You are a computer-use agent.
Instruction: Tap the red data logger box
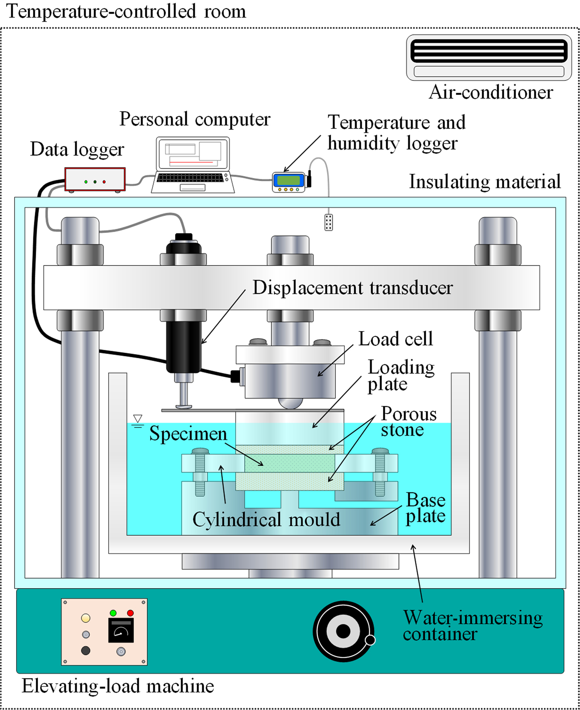(95, 179)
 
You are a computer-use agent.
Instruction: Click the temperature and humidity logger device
(289, 182)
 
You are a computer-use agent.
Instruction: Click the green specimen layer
(290, 463)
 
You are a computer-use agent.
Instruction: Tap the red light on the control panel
(130, 613)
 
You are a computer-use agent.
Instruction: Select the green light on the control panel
(113, 613)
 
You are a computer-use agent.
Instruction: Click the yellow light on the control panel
(86, 618)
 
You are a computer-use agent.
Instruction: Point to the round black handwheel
(343, 631)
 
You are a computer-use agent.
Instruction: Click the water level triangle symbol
(138, 419)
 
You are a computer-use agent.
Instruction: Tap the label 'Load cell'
(395, 339)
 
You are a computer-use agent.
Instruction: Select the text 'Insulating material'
(485, 182)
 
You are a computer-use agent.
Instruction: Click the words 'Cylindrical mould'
(266, 519)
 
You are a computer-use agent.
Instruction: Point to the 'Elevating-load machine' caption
(118, 686)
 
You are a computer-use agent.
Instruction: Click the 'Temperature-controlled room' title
(126, 11)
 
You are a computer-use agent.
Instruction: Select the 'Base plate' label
(425, 508)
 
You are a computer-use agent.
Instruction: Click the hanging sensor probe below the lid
(329, 223)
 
